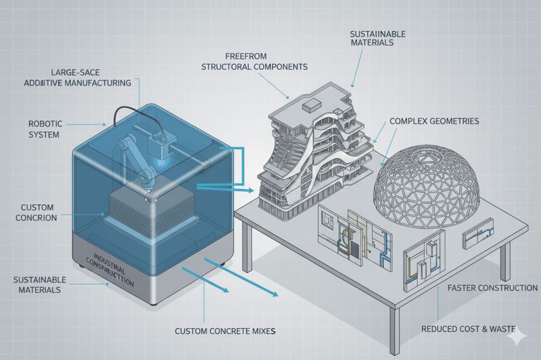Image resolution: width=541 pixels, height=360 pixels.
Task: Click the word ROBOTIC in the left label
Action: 45,124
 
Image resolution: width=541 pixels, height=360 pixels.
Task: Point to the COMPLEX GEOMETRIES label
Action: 434,121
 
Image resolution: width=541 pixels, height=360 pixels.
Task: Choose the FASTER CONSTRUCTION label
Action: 492,288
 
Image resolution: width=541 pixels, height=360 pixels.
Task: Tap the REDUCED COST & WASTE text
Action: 468,329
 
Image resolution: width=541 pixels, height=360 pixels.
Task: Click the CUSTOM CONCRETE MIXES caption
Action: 226,331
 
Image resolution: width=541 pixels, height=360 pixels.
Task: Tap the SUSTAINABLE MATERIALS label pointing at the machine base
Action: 40,285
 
